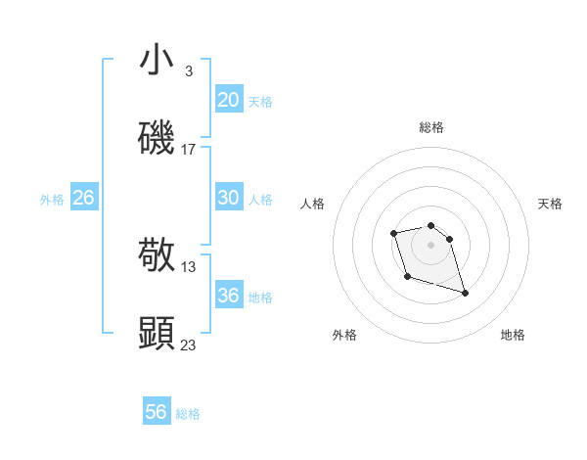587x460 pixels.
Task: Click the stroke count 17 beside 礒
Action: click(189, 150)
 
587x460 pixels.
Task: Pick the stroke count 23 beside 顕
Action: click(189, 345)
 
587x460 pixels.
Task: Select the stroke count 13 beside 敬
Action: click(189, 266)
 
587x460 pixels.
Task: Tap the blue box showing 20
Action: click(228, 100)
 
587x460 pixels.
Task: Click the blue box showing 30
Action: click(228, 198)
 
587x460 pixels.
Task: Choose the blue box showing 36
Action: click(228, 296)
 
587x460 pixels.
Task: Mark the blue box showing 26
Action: click(83, 198)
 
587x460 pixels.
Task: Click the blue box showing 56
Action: click(156, 412)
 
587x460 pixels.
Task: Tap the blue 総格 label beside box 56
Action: click(188, 414)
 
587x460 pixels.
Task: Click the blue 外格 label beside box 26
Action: click(52, 200)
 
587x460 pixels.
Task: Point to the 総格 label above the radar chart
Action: click(430, 127)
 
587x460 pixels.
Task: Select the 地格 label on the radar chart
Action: click(513, 335)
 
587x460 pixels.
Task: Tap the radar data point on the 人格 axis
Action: click(393, 233)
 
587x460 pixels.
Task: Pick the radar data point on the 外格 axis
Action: click(407, 277)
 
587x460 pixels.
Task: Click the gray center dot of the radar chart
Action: click(430, 244)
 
